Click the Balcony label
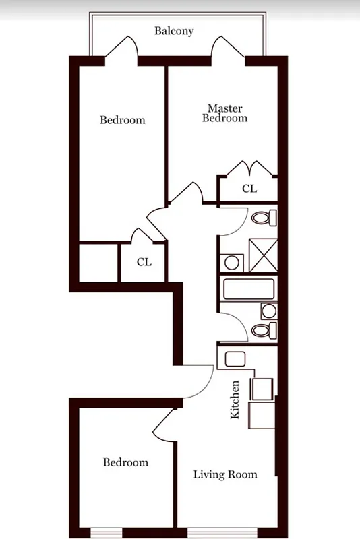(174, 31)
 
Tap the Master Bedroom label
(225, 113)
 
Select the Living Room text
(225, 474)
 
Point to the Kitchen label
(235, 400)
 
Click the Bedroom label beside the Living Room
(125, 462)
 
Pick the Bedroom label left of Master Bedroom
(123, 120)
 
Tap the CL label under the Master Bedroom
(249, 189)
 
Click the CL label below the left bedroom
(144, 261)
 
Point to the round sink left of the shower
(233, 262)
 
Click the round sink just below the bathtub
(268, 311)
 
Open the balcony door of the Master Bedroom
(223, 49)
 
